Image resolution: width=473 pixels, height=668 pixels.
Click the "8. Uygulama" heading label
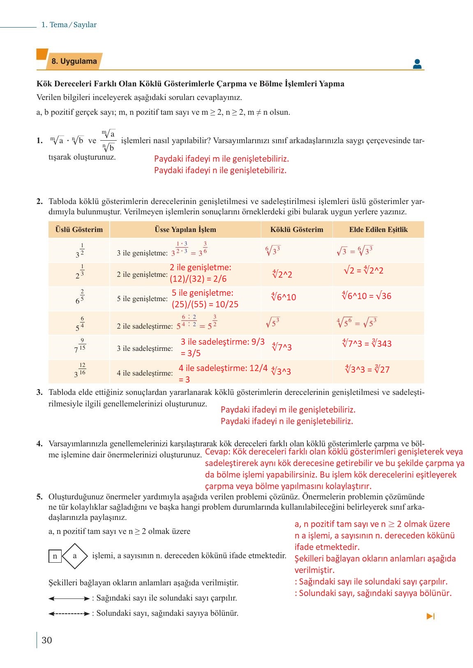[74, 61]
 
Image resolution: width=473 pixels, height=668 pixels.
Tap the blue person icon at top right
[417, 64]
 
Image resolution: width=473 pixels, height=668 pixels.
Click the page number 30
[47, 640]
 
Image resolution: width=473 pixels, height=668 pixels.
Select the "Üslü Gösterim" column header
[79, 230]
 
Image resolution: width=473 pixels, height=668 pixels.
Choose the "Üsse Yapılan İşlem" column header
[185, 230]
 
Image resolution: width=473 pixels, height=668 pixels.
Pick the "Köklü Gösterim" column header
[297, 230]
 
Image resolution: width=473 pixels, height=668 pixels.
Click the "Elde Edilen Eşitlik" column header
[378, 230]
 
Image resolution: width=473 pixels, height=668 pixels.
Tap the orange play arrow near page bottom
[430, 616]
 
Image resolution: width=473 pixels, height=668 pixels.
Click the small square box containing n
[55, 556]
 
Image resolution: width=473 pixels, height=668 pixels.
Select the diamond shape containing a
[75, 556]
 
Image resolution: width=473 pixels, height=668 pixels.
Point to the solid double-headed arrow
[69, 598]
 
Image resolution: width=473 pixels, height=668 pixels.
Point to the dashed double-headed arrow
[69, 614]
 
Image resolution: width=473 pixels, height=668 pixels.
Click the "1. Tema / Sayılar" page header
[69, 25]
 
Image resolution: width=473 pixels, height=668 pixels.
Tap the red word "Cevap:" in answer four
[217, 452]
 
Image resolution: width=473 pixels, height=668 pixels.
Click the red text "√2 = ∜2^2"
[363, 271]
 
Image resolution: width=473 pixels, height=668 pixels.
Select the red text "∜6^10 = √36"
[366, 296]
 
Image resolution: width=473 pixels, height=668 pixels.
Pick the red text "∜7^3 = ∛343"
[367, 343]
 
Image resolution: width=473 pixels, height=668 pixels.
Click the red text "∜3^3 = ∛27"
[367, 369]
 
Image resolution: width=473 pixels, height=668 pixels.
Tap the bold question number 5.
[39, 496]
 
